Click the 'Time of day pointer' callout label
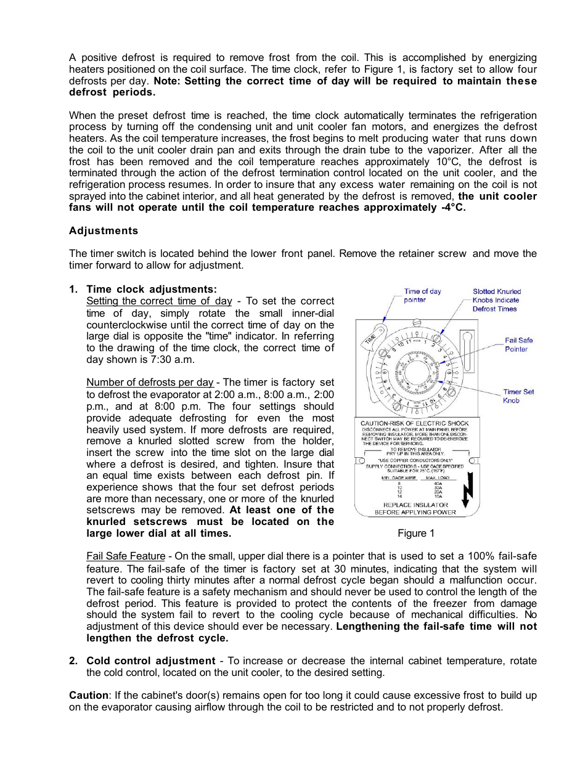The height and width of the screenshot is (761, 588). tap(422, 296)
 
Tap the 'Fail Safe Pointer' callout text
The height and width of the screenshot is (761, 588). tap(518, 344)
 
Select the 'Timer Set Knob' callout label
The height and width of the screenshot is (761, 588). tap(518, 396)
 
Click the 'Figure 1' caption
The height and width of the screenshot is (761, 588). tap(416, 533)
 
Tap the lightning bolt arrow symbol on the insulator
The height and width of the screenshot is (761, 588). tap(468, 491)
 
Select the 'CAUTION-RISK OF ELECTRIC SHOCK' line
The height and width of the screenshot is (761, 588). tap(414, 423)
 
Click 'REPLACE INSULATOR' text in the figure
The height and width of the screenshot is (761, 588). tap(415, 505)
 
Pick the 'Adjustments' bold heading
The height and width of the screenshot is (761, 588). tap(104, 230)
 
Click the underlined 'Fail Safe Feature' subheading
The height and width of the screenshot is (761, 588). tap(126, 556)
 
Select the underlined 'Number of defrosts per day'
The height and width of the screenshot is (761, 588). tap(150, 382)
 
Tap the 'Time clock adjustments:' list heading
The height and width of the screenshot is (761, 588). tap(152, 289)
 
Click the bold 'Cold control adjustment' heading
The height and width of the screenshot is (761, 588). tap(151, 661)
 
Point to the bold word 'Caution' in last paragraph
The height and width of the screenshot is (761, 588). tap(88, 695)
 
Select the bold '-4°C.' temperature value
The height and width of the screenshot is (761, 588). tap(453, 208)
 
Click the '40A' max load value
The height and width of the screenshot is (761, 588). tap(438, 484)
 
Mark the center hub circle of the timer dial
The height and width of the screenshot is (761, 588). tap(415, 372)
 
